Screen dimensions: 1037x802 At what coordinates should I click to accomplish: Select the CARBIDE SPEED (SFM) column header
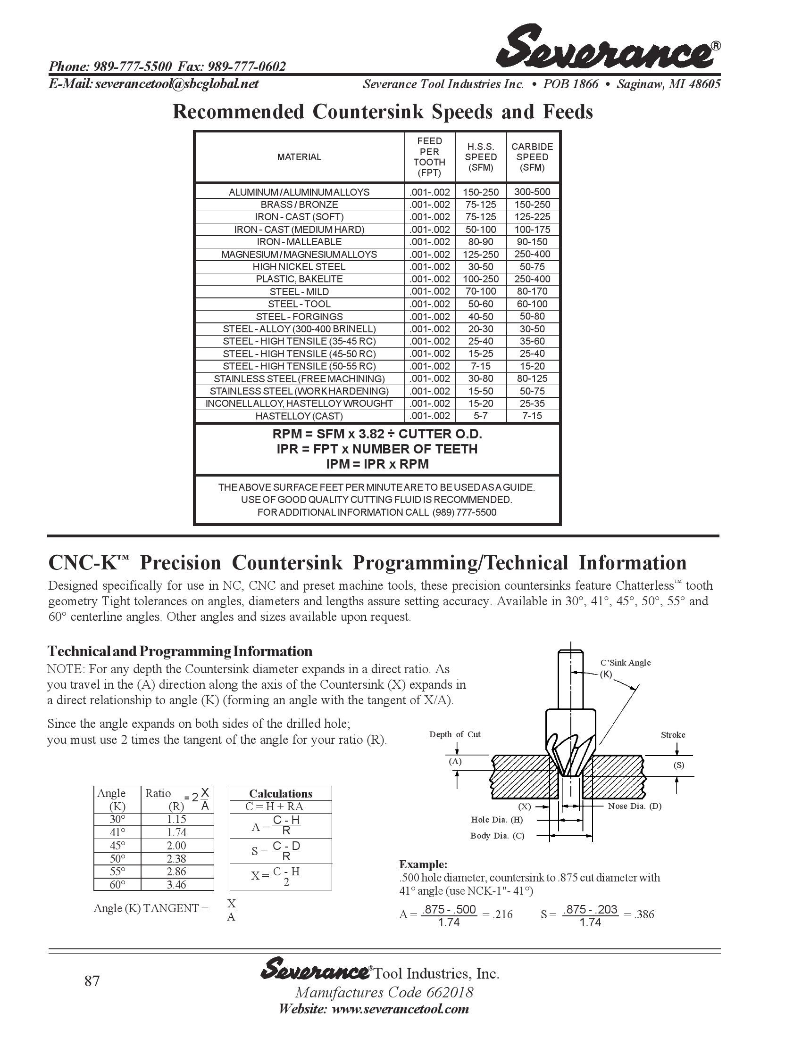(532, 156)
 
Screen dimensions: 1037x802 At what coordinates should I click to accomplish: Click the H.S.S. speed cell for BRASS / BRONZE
(480, 205)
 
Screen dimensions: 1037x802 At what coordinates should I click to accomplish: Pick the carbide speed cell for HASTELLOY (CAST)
(532, 416)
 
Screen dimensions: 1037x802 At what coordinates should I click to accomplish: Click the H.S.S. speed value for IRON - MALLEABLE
(480, 242)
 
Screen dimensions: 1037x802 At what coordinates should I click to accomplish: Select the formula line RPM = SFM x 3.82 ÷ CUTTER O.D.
(377, 434)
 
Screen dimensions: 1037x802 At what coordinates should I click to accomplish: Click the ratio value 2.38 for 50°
(176, 858)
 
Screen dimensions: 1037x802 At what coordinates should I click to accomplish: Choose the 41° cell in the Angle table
(117, 832)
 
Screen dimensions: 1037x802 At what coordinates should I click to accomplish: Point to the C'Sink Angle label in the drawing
(625, 663)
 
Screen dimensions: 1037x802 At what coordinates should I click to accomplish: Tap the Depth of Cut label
(455, 734)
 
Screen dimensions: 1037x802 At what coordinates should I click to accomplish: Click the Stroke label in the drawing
(673, 734)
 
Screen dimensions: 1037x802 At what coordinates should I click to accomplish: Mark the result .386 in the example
(644, 914)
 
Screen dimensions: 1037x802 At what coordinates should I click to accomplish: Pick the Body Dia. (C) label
(497, 836)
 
